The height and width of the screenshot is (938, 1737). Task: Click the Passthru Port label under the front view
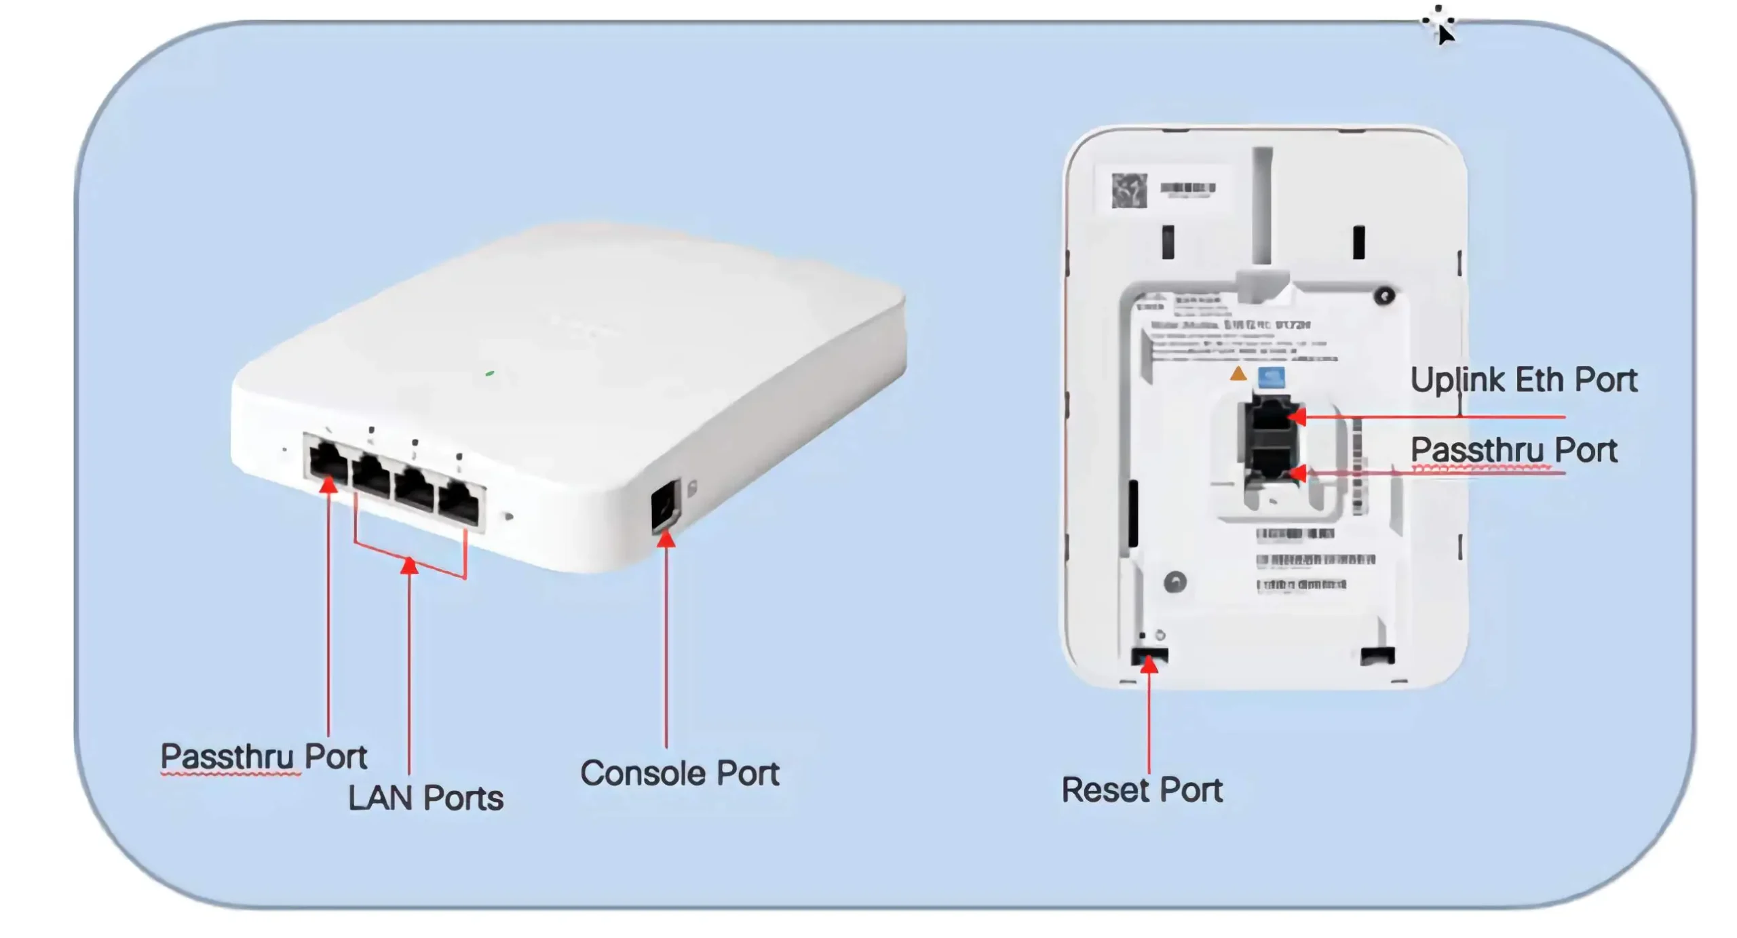pos(263,756)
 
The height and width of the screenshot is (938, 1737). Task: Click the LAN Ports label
pos(425,798)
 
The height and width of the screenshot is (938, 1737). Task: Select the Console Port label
pos(679,773)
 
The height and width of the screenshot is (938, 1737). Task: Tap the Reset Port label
pos(1141,789)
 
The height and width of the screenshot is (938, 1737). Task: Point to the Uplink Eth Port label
pos(1523,380)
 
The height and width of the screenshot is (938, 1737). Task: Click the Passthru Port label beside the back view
pos(1513,450)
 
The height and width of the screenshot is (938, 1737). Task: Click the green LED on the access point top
pos(490,373)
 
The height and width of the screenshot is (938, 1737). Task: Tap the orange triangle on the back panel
pos(1238,373)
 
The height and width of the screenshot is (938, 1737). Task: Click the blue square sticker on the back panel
pos(1271,376)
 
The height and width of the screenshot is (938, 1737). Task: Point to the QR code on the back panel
pos(1129,190)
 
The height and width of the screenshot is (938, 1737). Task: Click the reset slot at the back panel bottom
pos(1149,655)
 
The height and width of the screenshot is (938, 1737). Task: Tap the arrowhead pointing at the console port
pos(666,539)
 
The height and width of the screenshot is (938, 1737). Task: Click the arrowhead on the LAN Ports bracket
pos(409,564)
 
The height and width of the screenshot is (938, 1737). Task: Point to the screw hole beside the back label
pos(1384,296)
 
